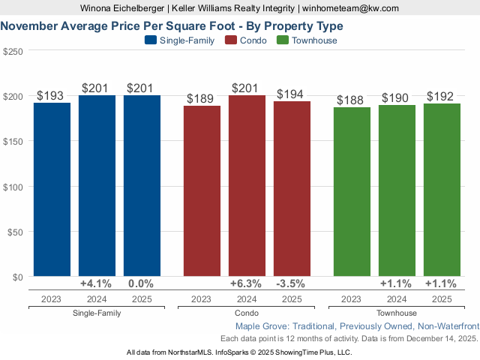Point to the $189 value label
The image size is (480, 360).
(x=202, y=98)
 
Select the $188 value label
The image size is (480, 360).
(x=352, y=100)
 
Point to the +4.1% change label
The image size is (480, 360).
(x=96, y=283)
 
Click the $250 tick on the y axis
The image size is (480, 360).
(x=13, y=51)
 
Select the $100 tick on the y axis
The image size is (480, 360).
(x=13, y=186)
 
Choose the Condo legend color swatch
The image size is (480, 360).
(x=230, y=40)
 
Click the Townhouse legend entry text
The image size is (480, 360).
(x=315, y=40)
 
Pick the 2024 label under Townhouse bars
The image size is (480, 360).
(x=397, y=298)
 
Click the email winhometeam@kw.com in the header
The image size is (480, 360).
(x=350, y=8)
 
